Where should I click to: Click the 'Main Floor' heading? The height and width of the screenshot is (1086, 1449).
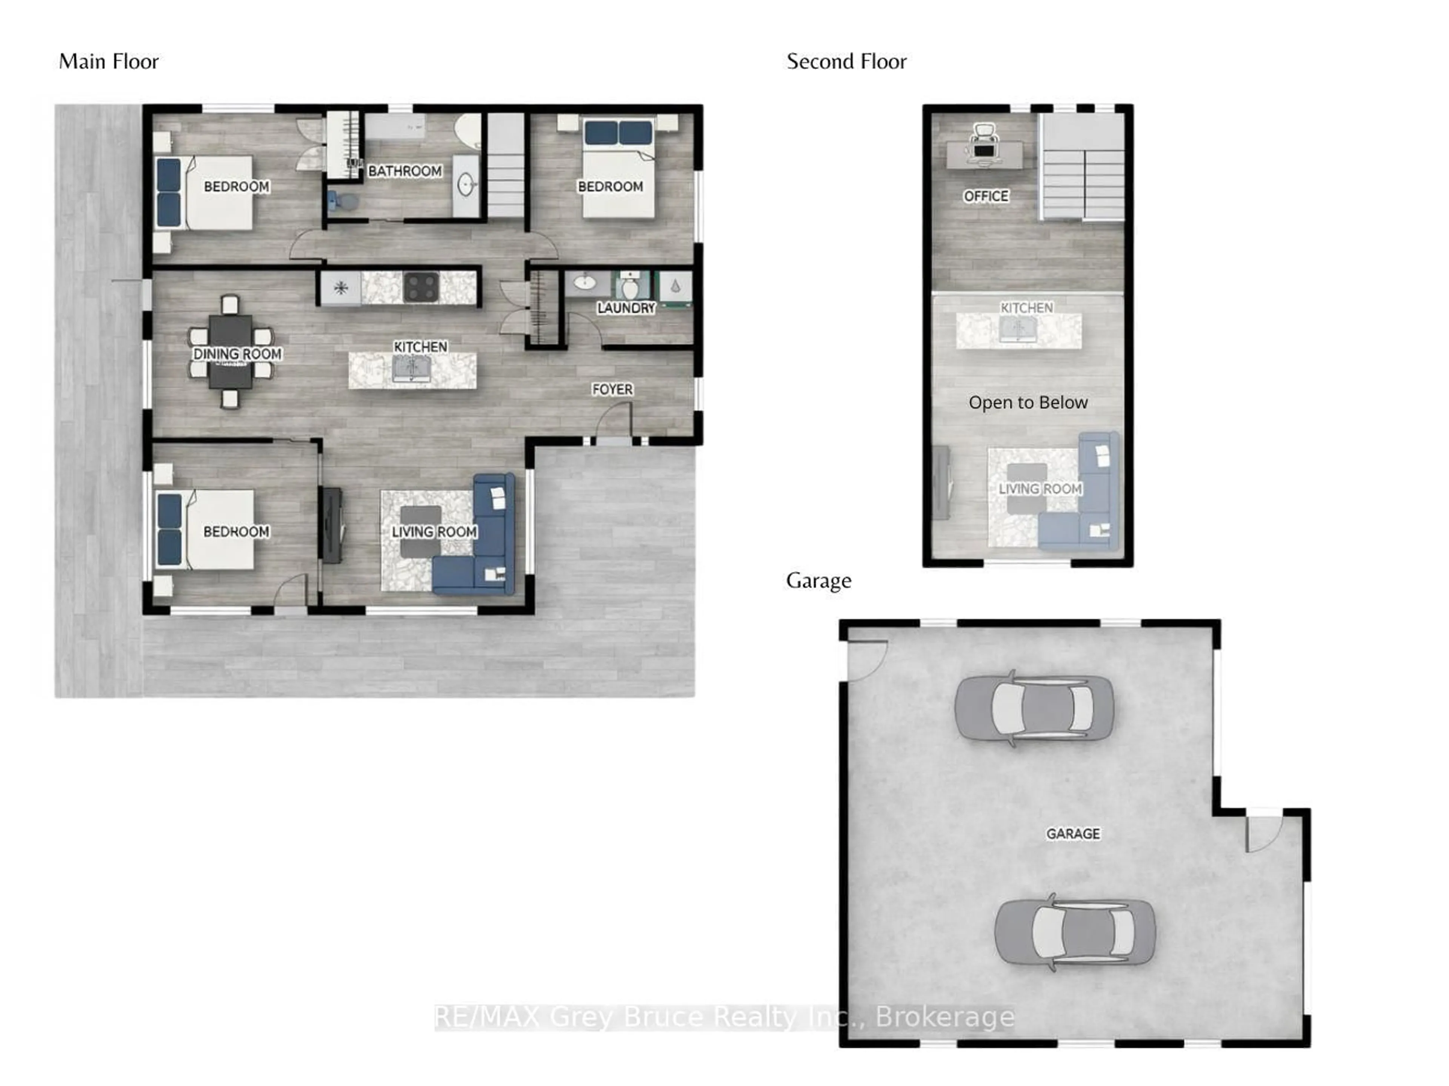pos(109,61)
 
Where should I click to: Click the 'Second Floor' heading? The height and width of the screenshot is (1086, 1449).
pos(846,61)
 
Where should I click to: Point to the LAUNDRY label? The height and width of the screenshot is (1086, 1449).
pos(626,308)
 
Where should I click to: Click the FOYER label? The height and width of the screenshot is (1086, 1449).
pos(612,389)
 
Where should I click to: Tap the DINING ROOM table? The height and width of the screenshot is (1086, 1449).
pos(231,352)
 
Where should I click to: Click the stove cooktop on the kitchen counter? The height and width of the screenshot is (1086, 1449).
pos(421,287)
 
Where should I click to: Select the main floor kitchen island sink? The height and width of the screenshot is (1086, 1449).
pos(411,369)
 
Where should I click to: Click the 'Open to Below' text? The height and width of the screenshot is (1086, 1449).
pos(1028,402)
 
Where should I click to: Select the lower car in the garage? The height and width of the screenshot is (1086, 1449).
pos(1074,931)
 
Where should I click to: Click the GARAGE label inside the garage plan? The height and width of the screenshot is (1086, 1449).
pos(1072,833)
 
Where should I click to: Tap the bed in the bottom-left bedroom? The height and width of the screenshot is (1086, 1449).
pos(206,529)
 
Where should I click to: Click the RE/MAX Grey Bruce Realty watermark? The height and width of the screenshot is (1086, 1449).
pos(724,1017)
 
